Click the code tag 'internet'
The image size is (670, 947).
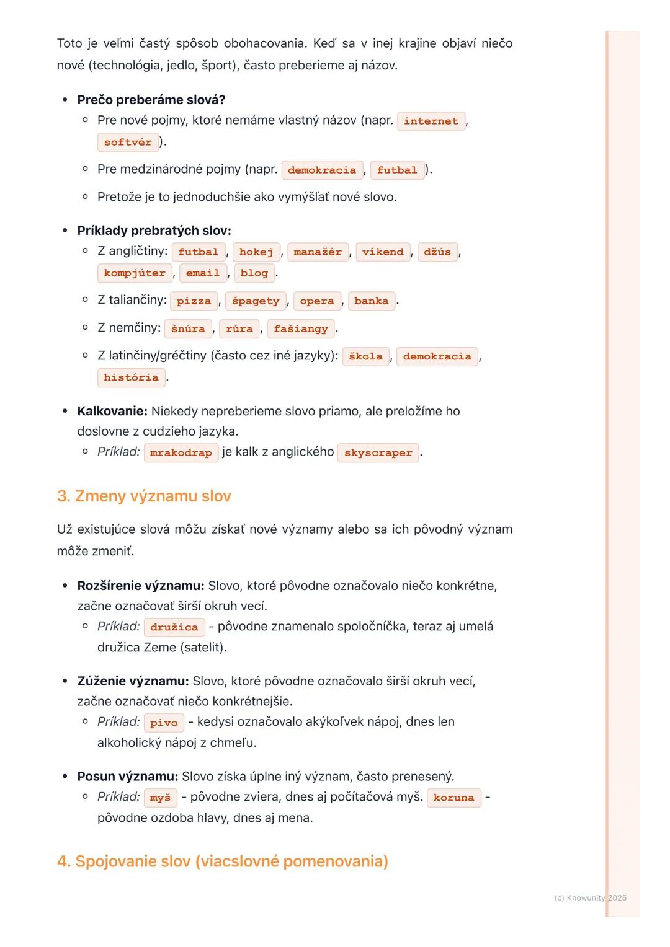(431, 121)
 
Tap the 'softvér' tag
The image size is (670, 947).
(128, 143)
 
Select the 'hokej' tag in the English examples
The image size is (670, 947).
(256, 252)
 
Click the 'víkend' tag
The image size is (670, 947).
(383, 252)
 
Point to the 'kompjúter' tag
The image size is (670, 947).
(135, 273)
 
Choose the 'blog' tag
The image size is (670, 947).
(254, 273)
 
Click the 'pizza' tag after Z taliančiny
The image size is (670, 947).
(194, 301)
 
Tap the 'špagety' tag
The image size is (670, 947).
(256, 301)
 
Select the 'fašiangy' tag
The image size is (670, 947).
(301, 329)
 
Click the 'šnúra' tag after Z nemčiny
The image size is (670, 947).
(188, 329)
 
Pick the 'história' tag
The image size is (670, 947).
(131, 377)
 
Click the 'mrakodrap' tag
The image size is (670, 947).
(181, 453)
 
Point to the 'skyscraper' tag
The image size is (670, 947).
(378, 453)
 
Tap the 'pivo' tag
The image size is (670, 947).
(164, 723)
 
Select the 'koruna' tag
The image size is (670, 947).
(453, 798)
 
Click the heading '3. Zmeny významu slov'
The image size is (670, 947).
(144, 496)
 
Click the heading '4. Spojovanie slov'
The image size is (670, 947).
(222, 861)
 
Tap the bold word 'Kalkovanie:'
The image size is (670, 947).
(112, 412)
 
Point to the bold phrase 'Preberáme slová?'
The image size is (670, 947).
(151, 100)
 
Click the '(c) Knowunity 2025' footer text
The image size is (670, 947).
(590, 898)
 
